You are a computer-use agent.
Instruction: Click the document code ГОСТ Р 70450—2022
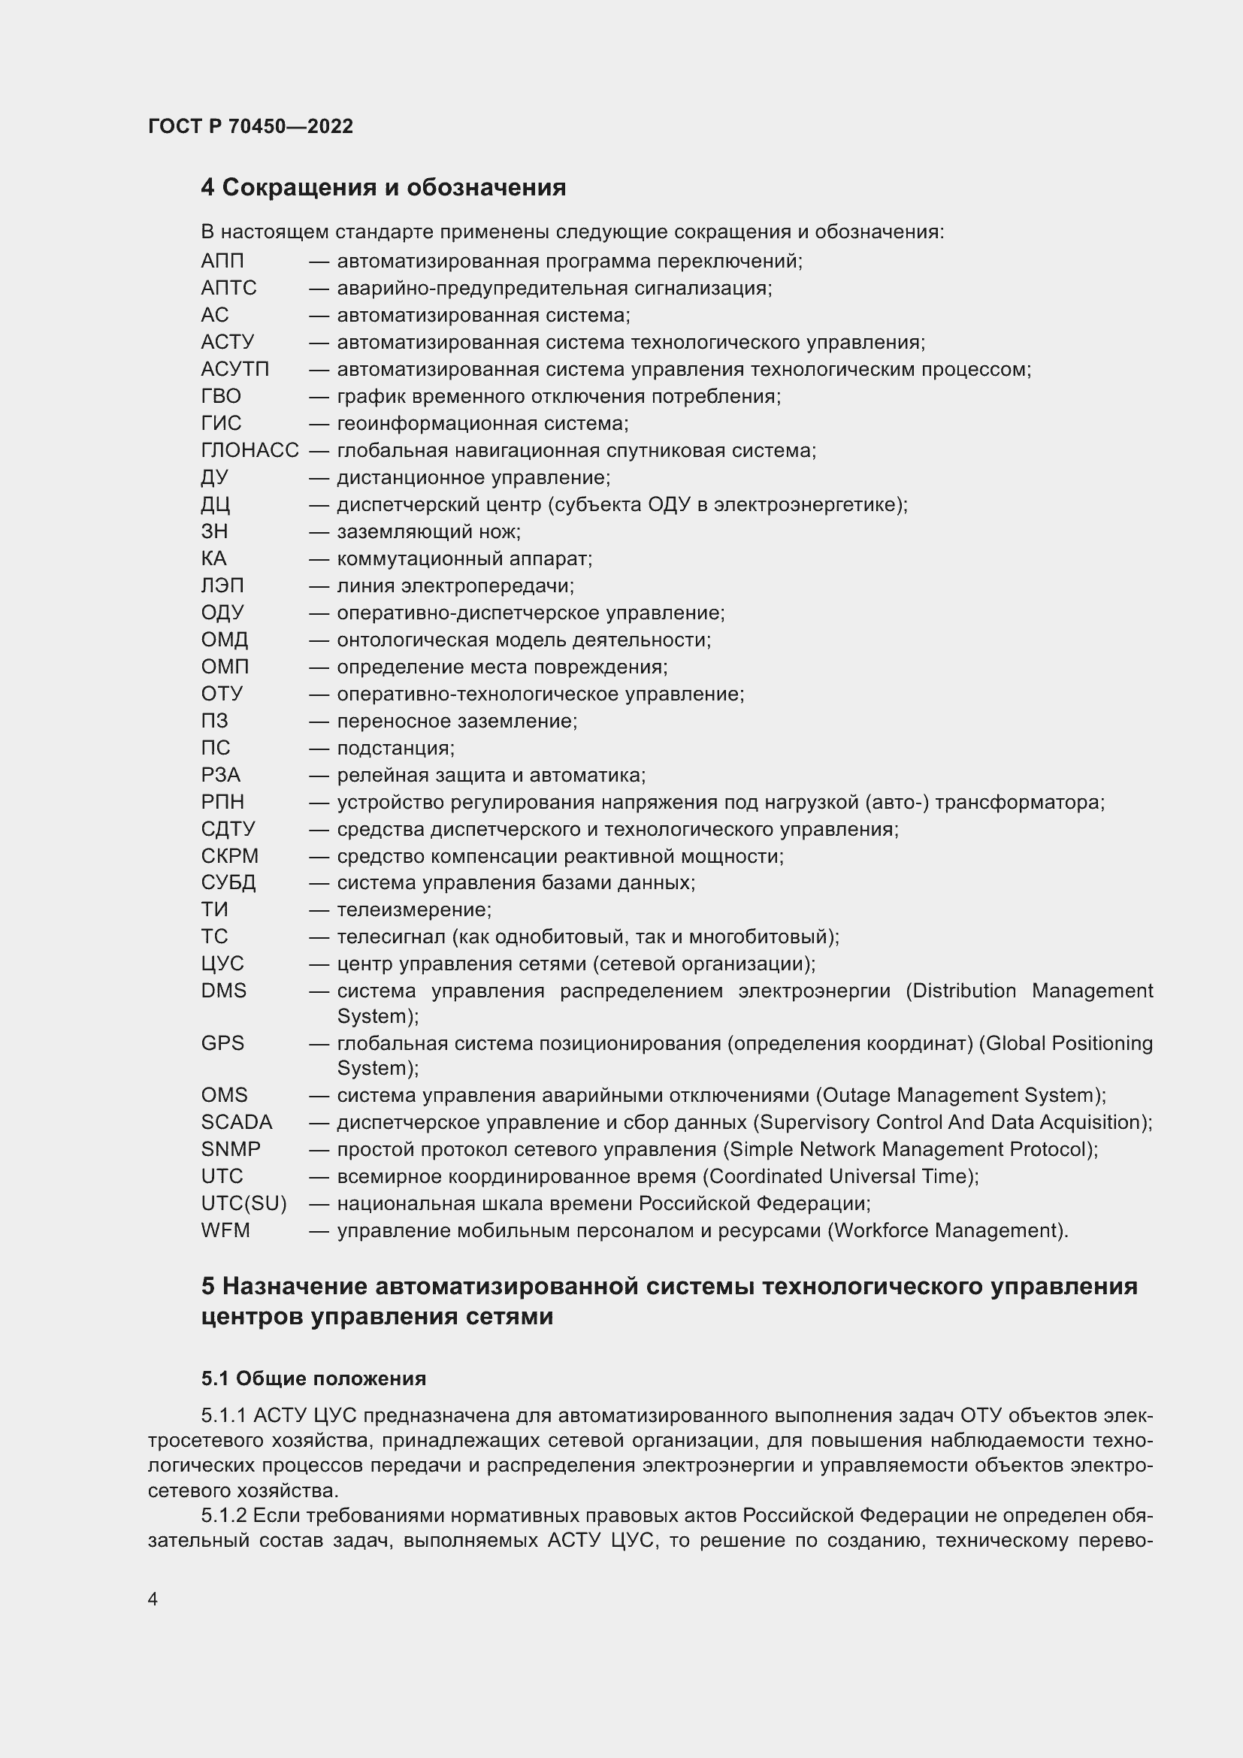click(250, 126)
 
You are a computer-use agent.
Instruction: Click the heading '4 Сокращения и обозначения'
click(383, 188)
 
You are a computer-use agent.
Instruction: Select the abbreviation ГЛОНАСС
click(250, 450)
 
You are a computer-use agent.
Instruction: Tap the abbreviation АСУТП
click(235, 369)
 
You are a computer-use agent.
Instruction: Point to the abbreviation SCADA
click(237, 1121)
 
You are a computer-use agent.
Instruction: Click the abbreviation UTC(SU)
click(243, 1203)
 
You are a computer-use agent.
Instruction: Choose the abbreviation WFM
click(225, 1230)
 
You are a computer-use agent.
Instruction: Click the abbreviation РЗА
click(220, 775)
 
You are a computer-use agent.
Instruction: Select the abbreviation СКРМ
click(230, 856)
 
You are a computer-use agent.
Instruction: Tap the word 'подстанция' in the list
click(395, 748)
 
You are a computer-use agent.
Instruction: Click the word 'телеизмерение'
click(413, 909)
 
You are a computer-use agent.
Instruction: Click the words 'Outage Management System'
click(960, 1095)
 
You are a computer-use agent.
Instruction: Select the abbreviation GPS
click(222, 1043)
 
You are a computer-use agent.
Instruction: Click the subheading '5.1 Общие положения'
click(313, 1378)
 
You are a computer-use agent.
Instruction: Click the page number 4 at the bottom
click(153, 1599)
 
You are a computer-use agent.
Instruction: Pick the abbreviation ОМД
click(224, 640)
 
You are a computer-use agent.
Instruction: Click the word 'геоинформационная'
click(437, 423)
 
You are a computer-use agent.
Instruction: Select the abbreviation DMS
click(223, 991)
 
